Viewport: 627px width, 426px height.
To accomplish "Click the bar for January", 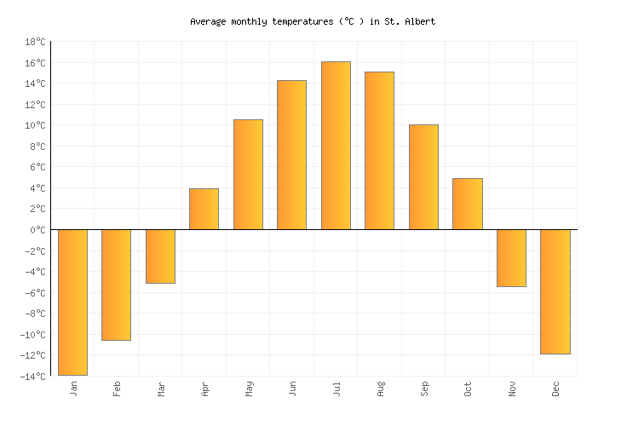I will click(72, 302).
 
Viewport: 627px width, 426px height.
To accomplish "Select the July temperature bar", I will click(336, 146).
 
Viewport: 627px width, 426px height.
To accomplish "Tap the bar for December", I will click(555, 291).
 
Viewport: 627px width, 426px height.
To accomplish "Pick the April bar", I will click(204, 209).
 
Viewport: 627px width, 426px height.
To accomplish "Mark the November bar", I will click(511, 258).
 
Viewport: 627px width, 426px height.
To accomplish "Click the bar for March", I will click(160, 256).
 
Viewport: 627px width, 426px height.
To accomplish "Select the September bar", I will click(423, 177).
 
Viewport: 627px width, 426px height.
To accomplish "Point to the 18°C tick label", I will click(35, 42).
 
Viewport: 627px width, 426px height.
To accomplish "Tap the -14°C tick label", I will click(33, 377).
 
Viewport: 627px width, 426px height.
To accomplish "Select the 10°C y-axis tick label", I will click(35, 125).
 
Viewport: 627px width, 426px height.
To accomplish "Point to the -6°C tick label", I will click(35, 293).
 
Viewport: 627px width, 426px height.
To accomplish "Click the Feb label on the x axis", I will click(117, 389).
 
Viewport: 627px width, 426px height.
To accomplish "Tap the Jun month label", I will click(292, 389).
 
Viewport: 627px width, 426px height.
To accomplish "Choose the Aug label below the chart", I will click(380, 389).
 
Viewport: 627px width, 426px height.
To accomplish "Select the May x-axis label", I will click(248, 389).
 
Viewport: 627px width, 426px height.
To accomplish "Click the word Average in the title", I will click(208, 21).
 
